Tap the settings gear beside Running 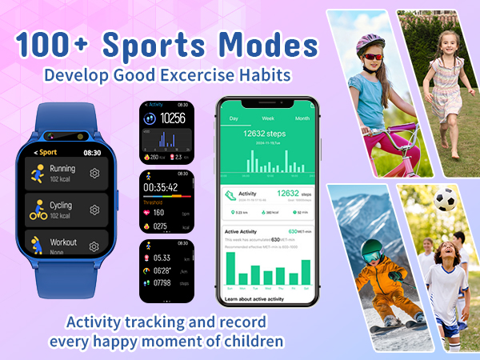pyautogui.click(x=94, y=174)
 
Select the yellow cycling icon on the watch pyautogui.click(x=37, y=210)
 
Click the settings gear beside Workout pyautogui.click(x=94, y=246)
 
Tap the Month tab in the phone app pyautogui.click(x=302, y=118)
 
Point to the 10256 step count pyautogui.click(x=172, y=118)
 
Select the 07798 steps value pyautogui.click(x=163, y=282)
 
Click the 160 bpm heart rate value pyautogui.click(x=160, y=213)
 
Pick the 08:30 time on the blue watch pyautogui.click(x=92, y=152)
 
